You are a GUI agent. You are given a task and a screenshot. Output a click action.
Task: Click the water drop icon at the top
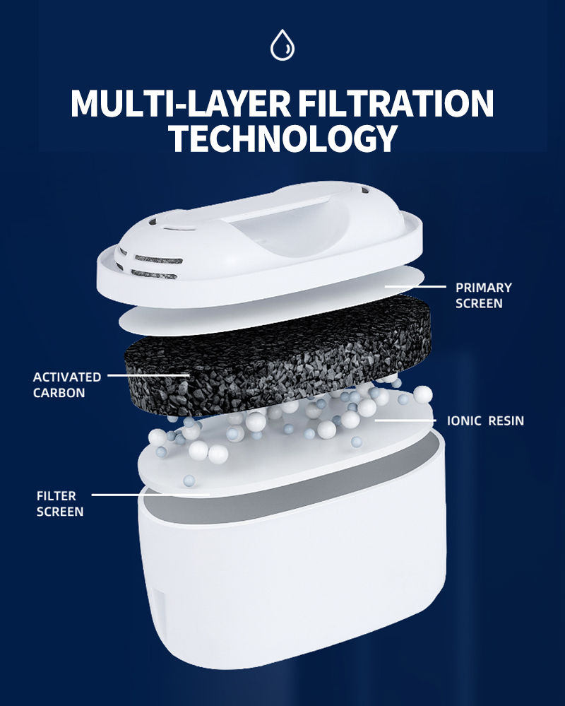(282, 45)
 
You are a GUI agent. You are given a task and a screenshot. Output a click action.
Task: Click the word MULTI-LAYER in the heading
(180, 104)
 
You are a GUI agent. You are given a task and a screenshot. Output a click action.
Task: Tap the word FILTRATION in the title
(396, 104)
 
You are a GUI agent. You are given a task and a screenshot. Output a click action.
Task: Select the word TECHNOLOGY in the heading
(283, 138)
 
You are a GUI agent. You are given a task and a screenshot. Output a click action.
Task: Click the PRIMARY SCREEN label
(484, 295)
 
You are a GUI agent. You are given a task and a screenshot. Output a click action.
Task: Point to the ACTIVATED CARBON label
(67, 385)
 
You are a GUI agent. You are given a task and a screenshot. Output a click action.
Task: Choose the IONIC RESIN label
(485, 421)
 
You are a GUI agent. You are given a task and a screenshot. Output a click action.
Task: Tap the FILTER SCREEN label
(60, 504)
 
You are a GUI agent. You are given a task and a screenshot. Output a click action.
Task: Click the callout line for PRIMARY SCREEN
(415, 286)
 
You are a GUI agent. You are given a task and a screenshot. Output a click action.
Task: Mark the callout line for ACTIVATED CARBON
(149, 375)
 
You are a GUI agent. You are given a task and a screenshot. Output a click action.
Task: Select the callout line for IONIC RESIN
(405, 420)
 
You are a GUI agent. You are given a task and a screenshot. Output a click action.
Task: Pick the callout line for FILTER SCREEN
(150, 495)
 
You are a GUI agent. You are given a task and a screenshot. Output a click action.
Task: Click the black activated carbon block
(278, 355)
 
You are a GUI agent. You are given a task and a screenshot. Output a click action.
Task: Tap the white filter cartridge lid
(260, 243)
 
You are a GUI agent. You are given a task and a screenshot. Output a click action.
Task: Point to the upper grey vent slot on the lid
(158, 260)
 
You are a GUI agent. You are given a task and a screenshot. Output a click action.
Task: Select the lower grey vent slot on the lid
(154, 274)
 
